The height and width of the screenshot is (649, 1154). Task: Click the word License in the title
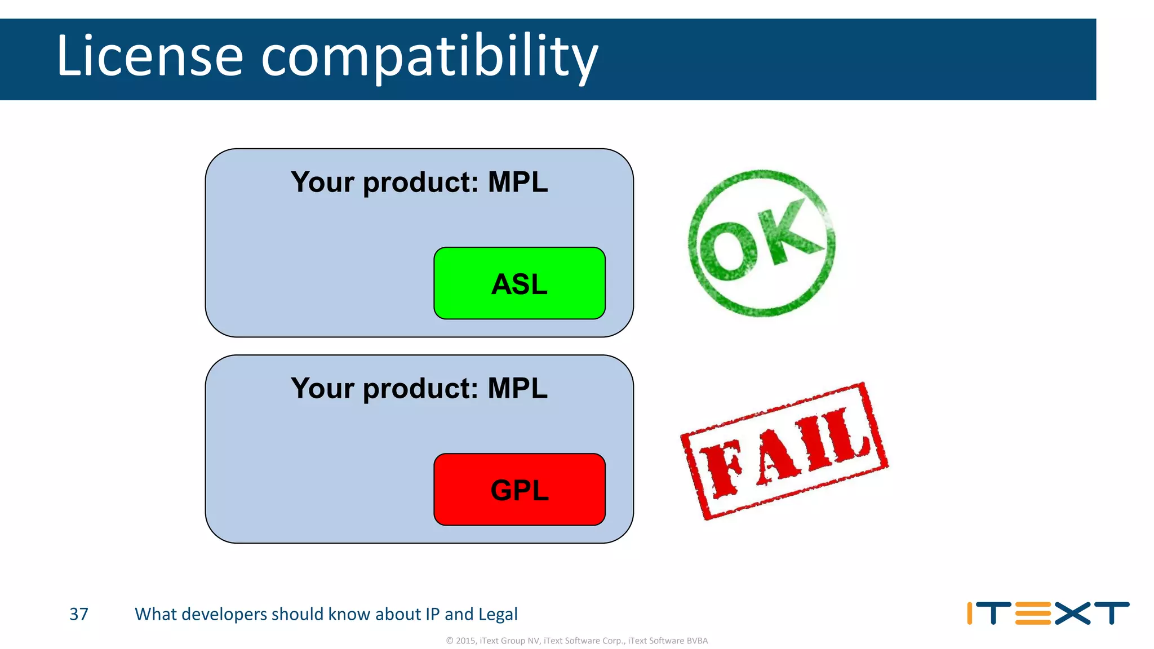click(x=149, y=56)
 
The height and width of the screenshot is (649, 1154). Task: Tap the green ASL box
click(x=519, y=283)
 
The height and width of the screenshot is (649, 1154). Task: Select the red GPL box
click(x=519, y=490)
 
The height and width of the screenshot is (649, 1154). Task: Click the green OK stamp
click(x=761, y=243)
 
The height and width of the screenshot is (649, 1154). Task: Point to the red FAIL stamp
click(x=784, y=451)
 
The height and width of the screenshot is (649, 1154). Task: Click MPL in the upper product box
click(x=517, y=182)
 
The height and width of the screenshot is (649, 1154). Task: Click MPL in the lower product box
click(x=517, y=388)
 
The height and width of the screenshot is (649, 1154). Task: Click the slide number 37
click(x=79, y=614)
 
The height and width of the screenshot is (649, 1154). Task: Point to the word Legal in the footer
click(x=498, y=614)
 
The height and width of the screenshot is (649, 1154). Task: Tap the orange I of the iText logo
click(x=970, y=614)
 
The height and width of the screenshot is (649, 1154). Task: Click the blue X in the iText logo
click(x=1072, y=614)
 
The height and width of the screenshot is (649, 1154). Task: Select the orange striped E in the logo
click(x=1033, y=614)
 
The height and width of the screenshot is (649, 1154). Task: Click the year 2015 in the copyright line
click(x=465, y=641)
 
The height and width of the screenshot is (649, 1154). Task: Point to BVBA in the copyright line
click(x=697, y=641)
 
